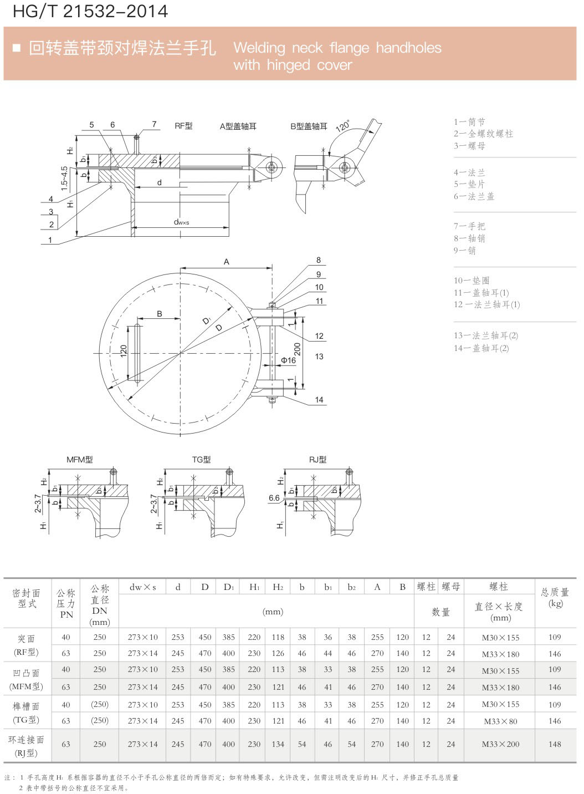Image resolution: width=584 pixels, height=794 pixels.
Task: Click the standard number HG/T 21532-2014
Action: [x=90, y=11]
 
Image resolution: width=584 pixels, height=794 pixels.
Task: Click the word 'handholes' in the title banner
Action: [x=409, y=48]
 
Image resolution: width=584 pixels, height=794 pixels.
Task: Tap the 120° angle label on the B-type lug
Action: [x=343, y=126]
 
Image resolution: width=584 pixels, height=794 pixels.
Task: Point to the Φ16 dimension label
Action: [x=288, y=360]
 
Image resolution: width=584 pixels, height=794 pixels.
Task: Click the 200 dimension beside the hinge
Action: [x=298, y=349]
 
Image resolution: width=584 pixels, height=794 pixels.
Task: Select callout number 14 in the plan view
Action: [x=319, y=400]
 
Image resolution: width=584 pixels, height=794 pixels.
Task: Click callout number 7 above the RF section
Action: [x=155, y=124]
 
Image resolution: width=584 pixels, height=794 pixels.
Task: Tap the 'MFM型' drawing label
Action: [x=80, y=460]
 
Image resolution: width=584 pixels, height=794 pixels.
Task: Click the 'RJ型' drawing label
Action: [x=317, y=460]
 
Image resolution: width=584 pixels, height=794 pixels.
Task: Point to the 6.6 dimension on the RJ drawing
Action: [x=274, y=498]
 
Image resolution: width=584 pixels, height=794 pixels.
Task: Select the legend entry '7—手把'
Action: [x=469, y=226]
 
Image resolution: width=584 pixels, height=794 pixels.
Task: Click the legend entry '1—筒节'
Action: [x=469, y=122]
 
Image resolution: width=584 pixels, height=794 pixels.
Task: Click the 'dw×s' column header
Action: [x=142, y=587]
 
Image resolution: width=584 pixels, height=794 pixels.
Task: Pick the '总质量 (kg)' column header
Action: [x=555, y=597]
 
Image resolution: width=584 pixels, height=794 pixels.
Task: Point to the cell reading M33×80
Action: [x=500, y=721]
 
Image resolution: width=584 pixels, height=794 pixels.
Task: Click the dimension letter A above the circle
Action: [x=226, y=262]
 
